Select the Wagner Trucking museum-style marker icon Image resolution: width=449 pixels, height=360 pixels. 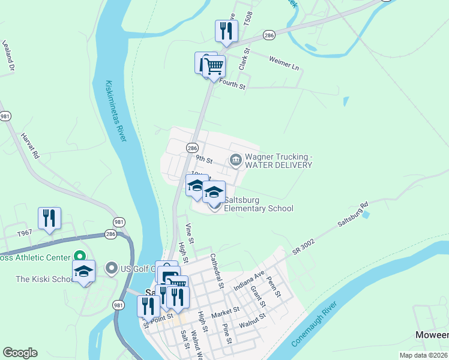point(235,160)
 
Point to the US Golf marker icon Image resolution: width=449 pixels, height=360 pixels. point(111,268)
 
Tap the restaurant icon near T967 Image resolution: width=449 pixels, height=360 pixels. point(49,218)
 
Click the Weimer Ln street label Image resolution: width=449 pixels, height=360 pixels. point(284,63)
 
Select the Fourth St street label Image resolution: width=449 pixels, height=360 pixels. point(233,86)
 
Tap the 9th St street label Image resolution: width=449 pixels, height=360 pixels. point(204,160)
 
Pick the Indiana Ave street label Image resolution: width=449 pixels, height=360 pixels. point(249,280)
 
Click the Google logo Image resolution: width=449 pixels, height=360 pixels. point(20,353)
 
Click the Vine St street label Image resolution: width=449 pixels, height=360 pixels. point(190,232)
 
